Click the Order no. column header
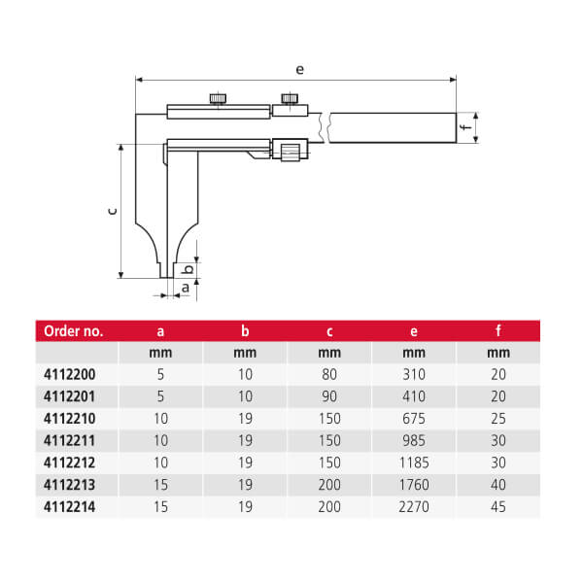[x=73, y=330]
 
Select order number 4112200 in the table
[x=70, y=374]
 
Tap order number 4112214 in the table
[x=70, y=506]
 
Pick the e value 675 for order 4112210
[x=414, y=418]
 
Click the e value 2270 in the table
[x=414, y=506]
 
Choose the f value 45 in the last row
[x=498, y=506]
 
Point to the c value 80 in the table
[x=329, y=374]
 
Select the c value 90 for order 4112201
[x=329, y=396]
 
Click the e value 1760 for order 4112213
[x=414, y=485]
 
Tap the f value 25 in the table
[x=498, y=418]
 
